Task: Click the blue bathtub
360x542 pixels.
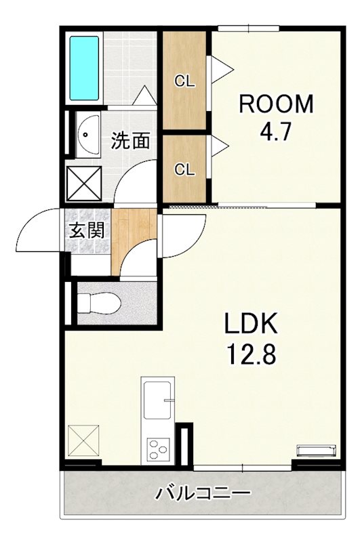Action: (85, 68)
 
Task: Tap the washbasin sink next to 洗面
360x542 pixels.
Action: (87, 133)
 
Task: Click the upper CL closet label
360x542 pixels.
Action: (184, 82)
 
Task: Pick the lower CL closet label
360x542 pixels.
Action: (184, 169)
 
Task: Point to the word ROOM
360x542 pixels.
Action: (275, 105)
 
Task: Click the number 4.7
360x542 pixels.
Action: (275, 130)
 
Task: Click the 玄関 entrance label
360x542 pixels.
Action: (87, 230)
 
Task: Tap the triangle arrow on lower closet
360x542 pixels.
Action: (220, 144)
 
